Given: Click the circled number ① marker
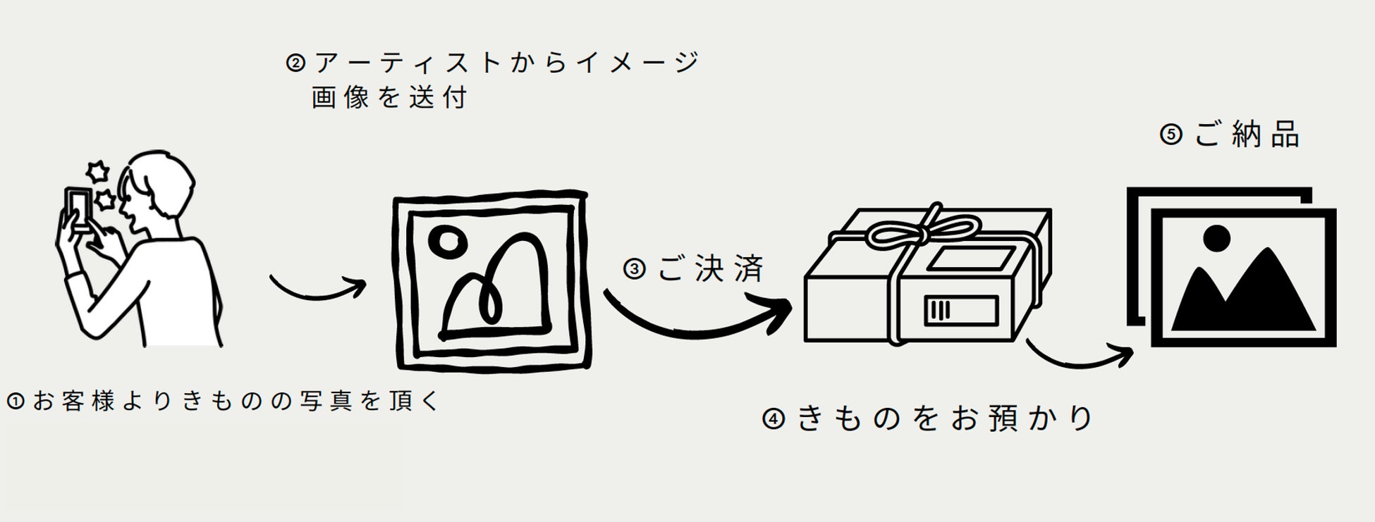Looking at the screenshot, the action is (x=15, y=402).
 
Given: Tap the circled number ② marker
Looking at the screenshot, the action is (x=295, y=63).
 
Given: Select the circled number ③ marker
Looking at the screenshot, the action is (x=635, y=269).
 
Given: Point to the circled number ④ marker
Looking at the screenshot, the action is (x=774, y=419).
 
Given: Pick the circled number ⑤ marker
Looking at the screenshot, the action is (x=1171, y=135).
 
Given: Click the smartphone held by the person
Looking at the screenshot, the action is (x=78, y=209).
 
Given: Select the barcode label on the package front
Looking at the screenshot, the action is (x=960, y=310).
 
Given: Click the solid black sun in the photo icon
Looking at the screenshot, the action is (x=1216, y=238).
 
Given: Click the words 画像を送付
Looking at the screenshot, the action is (x=389, y=98).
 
